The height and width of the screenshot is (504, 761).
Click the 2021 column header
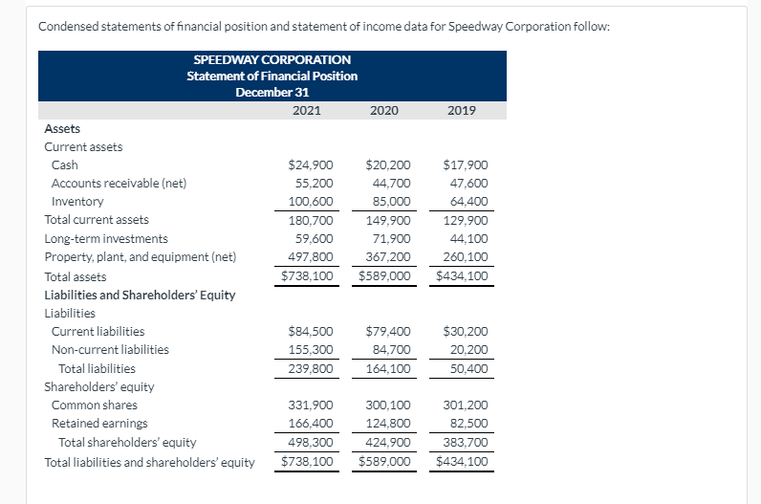[307, 111]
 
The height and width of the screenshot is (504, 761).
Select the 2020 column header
[384, 111]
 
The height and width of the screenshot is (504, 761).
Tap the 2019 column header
[462, 111]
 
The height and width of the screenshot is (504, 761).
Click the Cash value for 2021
[311, 165]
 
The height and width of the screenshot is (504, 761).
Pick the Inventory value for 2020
[392, 201]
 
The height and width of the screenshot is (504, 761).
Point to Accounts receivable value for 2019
[468, 183]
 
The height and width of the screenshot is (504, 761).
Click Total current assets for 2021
[311, 220]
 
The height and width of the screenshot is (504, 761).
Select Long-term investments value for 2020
[392, 239]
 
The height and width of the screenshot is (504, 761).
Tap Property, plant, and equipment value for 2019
[466, 257]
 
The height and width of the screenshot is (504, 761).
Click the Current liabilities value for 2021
[311, 331]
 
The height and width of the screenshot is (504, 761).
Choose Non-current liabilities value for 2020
[392, 350]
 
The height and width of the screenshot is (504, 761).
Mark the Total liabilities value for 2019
[468, 368]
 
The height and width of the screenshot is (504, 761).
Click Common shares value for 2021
[311, 405]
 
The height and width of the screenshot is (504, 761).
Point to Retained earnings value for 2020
[388, 424]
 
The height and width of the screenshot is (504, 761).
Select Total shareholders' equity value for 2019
[466, 443]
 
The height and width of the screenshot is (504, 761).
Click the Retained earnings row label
[99, 424]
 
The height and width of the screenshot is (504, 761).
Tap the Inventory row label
[77, 201]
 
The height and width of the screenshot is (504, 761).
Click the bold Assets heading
[62, 129]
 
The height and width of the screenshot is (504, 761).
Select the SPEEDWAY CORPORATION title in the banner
[272, 59]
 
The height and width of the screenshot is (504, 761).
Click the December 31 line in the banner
[272, 92]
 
